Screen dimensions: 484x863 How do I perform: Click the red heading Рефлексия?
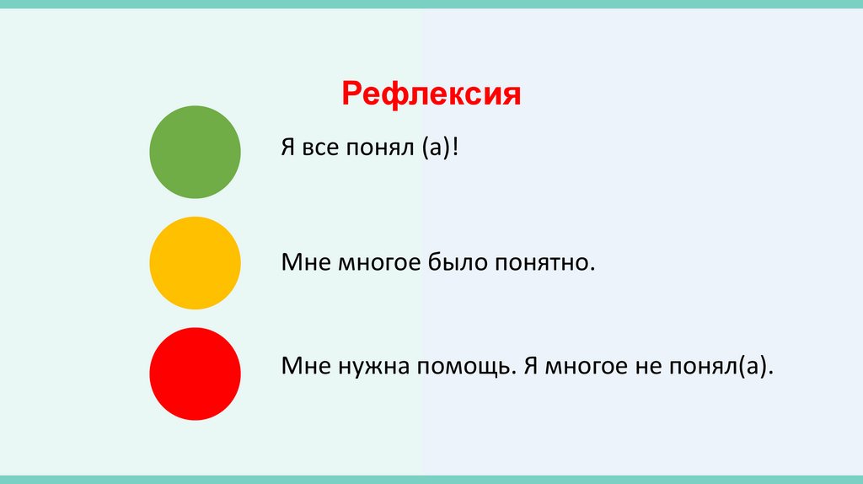(431, 94)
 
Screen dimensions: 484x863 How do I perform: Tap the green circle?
(195, 152)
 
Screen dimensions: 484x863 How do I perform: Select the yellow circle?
(195, 262)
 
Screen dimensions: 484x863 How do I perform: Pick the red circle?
(195, 374)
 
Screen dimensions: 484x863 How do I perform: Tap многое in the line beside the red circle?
(584, 368)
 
